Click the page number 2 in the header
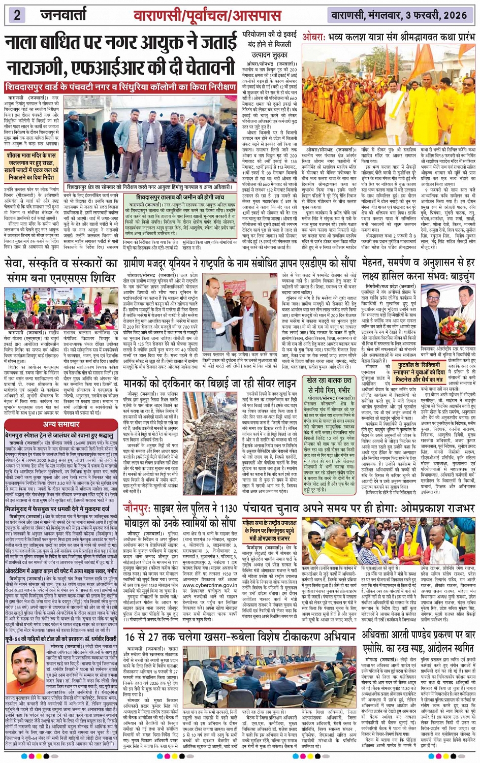click(x=17, y=14)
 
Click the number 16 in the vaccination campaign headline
click(x=132, y=637)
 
